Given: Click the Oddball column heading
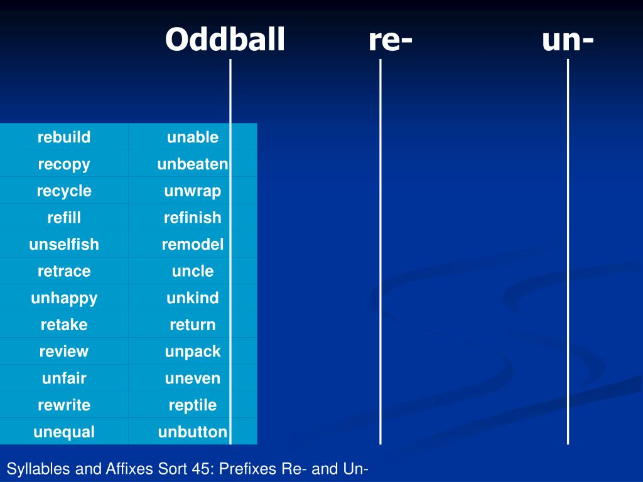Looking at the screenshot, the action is (225, 40).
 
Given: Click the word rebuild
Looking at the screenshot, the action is (64, 137).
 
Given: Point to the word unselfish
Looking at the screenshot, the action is (64, 244).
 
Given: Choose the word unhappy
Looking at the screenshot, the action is (64, 298).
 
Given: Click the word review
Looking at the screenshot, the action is (64, 351).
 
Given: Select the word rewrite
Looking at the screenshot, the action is (64, 405).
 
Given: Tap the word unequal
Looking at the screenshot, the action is (64, 432).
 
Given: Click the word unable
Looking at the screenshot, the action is (193, 137).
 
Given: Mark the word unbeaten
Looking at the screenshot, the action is (193, 164).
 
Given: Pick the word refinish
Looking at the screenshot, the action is (193, 217).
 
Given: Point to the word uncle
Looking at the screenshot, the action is (193, 271).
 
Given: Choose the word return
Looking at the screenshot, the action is (193, 325).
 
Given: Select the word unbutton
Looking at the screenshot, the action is (193, 432).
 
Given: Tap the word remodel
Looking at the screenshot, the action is (193, 244).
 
